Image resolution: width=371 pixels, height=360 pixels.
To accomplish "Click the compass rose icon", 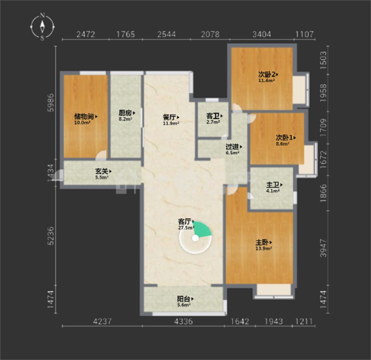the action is coord(42,27).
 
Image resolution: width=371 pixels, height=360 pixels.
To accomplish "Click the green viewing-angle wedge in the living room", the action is coord(201,229).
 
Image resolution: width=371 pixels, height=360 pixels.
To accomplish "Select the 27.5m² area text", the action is coord(186,228).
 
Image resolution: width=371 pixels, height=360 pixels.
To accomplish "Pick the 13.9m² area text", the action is coord(263,248).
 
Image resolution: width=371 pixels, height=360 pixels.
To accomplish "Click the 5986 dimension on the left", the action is coord(50,103).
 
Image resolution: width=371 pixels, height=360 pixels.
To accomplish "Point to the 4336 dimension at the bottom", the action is coord(183,321).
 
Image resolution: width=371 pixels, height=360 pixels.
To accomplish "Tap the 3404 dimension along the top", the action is coord(262,34).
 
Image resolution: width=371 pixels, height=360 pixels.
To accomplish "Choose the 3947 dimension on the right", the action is coord(323,248).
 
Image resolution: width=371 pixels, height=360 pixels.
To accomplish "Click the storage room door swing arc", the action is coord(101,153).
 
